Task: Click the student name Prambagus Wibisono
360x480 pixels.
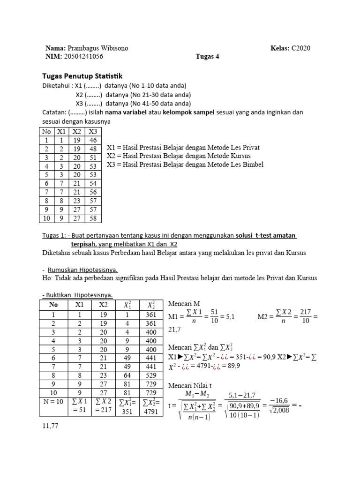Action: (x=98, y=48)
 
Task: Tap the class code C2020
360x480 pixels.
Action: (x=300, y=48)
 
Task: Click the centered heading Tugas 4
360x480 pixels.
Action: (x=207, y=57)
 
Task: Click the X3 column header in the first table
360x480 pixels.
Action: (x=93, y=131)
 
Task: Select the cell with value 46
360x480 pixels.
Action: (x=93, y=140)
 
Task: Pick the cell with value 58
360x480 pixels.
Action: (x=93, y=219)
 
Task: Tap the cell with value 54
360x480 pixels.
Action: (x=93, y=184)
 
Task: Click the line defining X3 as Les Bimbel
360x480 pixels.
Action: (x=185, y=164)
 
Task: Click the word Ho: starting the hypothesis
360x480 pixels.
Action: (x=47, y=278)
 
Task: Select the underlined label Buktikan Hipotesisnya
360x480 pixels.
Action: (x=77, y=294)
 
